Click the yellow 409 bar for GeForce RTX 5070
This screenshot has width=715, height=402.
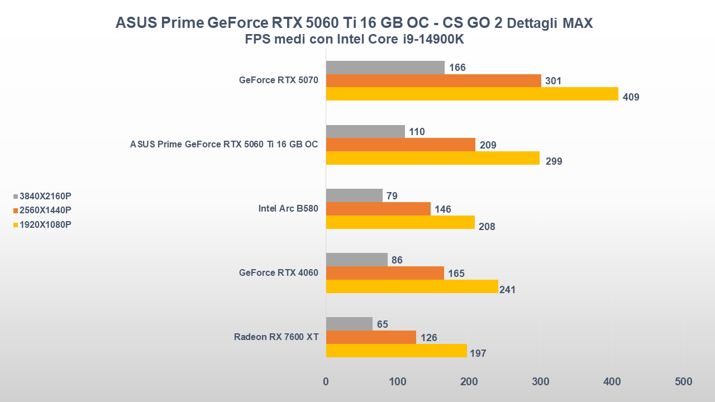tap(472, 94)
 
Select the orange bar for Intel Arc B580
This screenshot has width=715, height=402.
tap(378, 209)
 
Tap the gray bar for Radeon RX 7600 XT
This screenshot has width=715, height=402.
tap(349, 324)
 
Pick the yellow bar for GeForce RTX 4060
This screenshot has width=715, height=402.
tap(412, 286)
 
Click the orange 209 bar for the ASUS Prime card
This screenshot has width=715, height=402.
tap(401, 145)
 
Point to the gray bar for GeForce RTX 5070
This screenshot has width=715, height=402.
tap(385, 68)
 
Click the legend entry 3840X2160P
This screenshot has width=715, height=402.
tap(45, 197)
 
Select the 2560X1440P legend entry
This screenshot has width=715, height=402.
tap(45, 210)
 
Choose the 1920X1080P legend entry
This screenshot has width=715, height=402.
tap(45, 224)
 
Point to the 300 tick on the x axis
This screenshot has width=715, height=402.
tap(540, 382)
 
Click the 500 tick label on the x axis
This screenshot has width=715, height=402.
tap(683, 382)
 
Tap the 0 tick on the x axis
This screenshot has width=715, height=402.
tap(326, 382)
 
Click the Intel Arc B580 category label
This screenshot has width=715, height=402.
tap(288, 209)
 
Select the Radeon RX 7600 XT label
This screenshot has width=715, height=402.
tap(276, 337)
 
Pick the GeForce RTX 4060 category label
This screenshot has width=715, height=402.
tap(278, 273)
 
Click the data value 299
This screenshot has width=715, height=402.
tap(554, 162)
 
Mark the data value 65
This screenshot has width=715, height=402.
tap(382, 324)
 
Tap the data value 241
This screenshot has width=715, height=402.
tap(507, 290)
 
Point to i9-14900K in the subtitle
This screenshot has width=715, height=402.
tap(432, 40)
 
